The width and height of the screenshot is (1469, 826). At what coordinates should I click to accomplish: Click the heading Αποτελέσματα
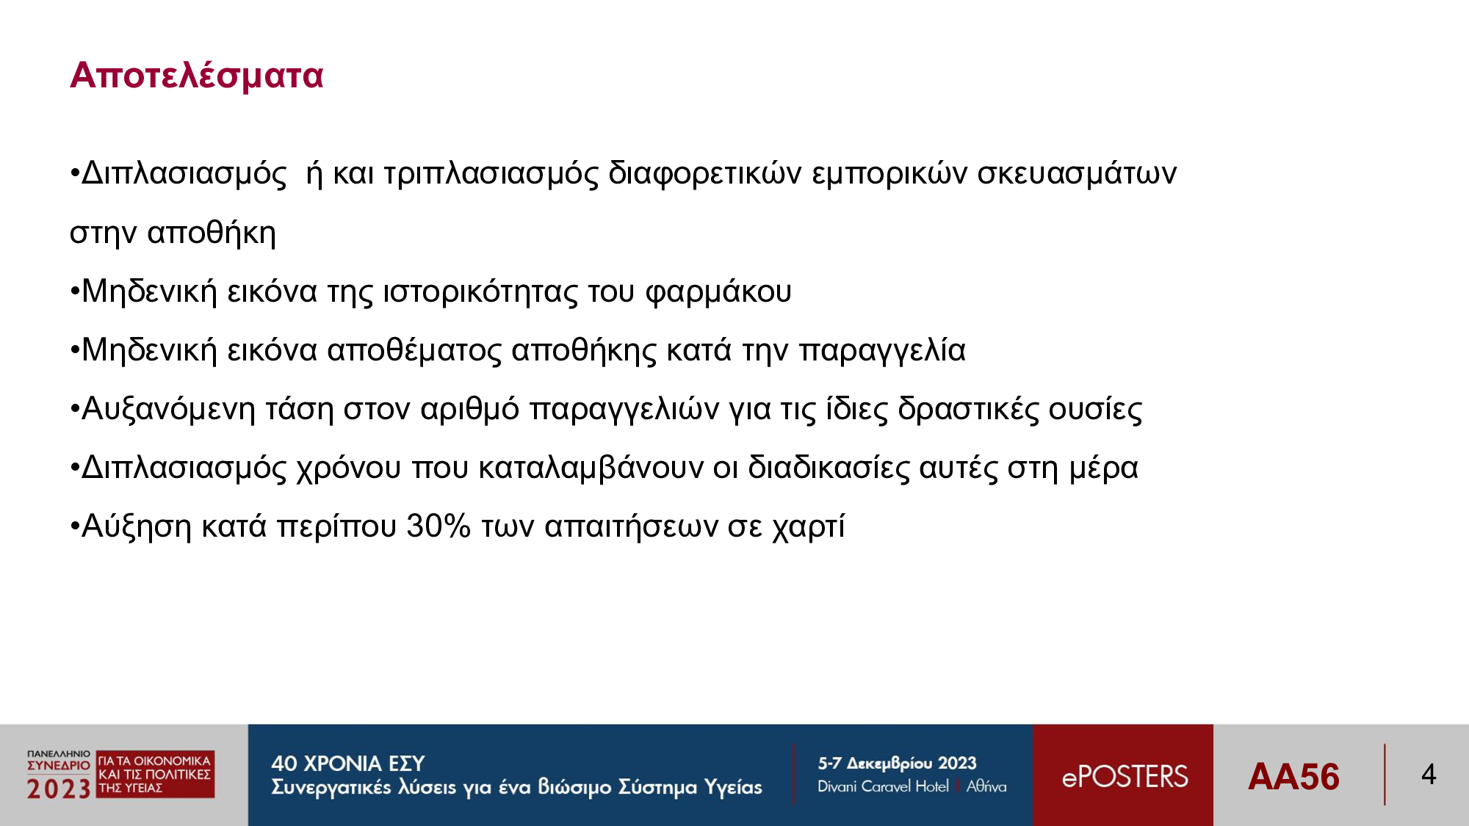[x=196, y=76]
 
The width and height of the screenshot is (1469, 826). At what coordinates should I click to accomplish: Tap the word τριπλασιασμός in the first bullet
[x=491, y=175]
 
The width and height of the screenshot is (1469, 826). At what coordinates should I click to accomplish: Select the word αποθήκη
[x=212, y=233]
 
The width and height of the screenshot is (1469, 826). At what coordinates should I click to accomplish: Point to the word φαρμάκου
[x=718, y=292]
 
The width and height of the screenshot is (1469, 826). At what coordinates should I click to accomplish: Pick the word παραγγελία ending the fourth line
[x=882, y=351]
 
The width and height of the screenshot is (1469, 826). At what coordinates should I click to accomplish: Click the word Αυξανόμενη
[x=168, y=410]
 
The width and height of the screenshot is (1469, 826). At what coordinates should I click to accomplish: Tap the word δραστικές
[x=968, y=410]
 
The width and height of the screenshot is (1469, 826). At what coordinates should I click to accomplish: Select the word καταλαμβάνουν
[x=591, y=468]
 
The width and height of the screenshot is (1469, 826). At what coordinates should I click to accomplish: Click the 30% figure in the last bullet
[x=438, y=526]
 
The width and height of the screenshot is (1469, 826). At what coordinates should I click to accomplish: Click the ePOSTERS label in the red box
[x=1125, y=777]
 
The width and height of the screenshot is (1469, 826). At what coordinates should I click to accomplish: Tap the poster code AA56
[x=1293, y=777]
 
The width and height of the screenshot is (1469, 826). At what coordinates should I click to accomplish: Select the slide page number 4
[x=1429, y=774]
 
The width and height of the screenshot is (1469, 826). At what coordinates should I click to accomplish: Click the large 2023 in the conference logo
[x=59, y=789]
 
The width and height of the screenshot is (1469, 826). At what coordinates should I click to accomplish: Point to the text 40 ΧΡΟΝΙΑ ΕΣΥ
[x=348, y=764]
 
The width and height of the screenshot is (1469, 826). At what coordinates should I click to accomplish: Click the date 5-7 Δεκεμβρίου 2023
[x=897, y=764]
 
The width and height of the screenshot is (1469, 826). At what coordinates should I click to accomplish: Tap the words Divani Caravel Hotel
[x=883, y=786]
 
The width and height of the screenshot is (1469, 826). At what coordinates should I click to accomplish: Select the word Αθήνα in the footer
[x=986, y=786]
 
